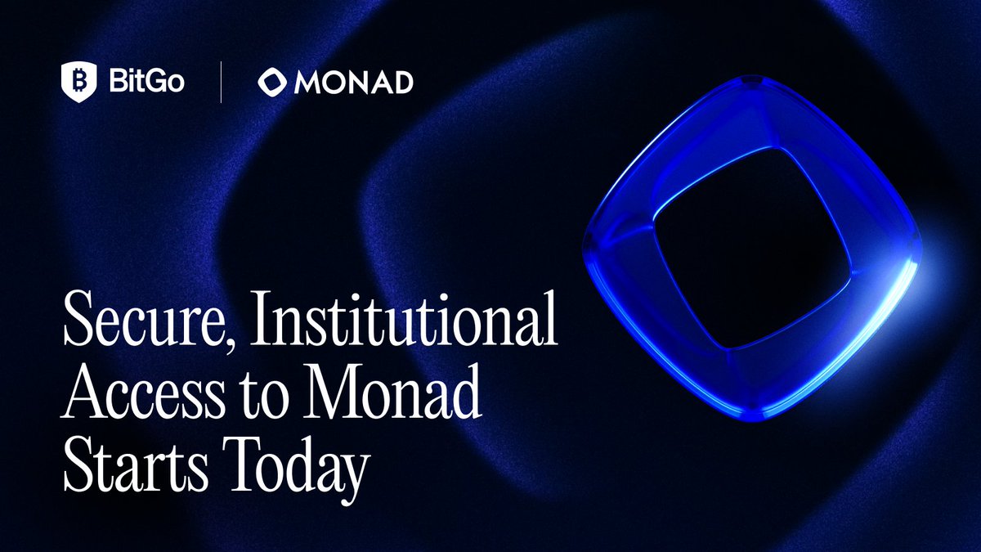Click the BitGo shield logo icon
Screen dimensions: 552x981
coord(78,83)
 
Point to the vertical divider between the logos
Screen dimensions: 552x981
coord(221,83)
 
